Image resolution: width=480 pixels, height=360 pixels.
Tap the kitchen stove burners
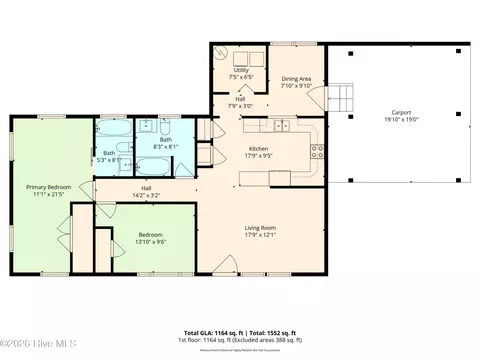318,152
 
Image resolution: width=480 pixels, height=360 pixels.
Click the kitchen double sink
282,126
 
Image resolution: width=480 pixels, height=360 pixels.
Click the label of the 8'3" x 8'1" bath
166,140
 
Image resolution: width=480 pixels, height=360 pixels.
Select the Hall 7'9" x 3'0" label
241,100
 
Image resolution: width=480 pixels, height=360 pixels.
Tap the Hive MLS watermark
29,349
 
